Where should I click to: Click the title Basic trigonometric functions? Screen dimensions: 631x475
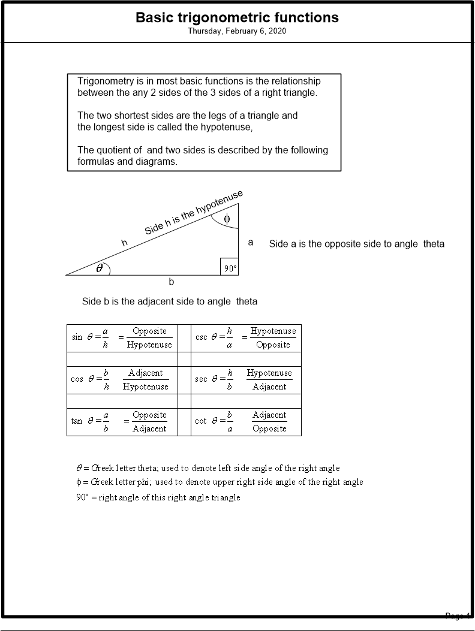click(237, 17)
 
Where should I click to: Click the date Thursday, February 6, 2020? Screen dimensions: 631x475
click(237, 31)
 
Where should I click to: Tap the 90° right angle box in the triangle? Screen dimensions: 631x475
click(230, 267)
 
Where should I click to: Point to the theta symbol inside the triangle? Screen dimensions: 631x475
click(100, 268)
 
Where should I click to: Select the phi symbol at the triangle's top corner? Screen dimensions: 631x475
click(227, 219)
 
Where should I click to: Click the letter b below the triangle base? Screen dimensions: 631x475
click(172, 282)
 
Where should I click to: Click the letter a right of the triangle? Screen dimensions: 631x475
click(251, 242)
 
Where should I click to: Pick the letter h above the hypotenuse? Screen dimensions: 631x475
click(125, 243)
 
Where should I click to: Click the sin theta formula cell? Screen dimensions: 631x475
click(122, 338)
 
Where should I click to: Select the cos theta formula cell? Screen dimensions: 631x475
click(122, 379)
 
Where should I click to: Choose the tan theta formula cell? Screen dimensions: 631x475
click(122, 421)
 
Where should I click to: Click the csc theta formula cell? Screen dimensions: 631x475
click(246, 338)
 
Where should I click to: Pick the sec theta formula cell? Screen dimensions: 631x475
click(246, 379)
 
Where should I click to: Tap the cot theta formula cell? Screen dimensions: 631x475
click(246, 421)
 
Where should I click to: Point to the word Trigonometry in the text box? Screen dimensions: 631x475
click(106, 81)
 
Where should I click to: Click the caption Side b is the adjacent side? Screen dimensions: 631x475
click(170, 301)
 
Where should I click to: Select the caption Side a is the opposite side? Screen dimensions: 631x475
click(357, 244)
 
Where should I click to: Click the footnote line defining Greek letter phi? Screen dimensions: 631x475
click(219, 482)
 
